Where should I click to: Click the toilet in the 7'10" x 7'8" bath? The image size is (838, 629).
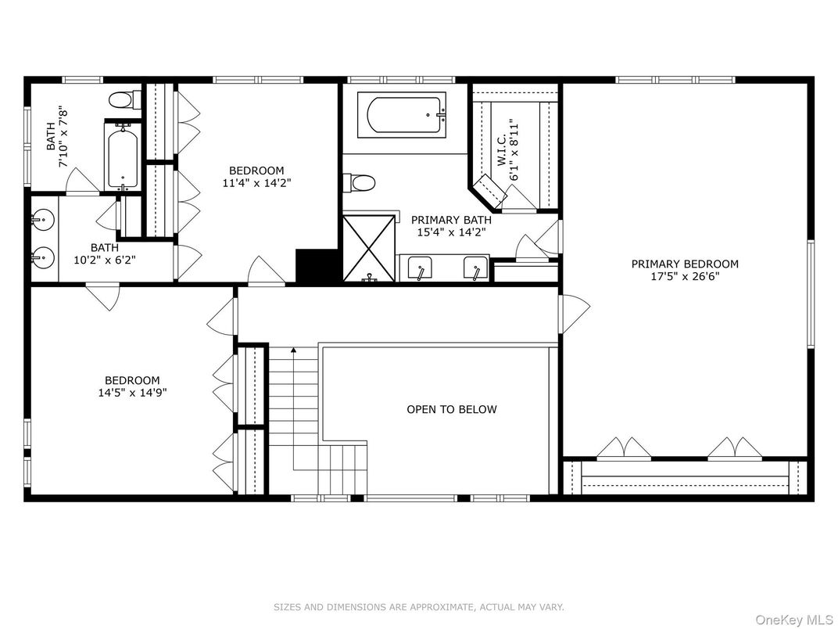pyautogui.click(x=123, y=99)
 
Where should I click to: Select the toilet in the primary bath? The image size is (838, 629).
pyautogui.click(x=362, y=183)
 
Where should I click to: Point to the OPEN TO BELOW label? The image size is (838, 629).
pyautogui.click(x=451, y=409)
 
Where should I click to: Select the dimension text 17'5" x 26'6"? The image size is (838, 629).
pyautogui.click(x=685, y=277)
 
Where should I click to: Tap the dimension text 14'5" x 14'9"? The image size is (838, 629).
pyautogui.click(x=133, y=394)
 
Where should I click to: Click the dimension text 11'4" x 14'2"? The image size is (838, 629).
pyautogui.click(x=256, y=184)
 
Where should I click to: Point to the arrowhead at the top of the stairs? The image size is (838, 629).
pyautogui.click(x=293, y=351)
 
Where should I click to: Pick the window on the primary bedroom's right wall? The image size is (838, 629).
pyautogui.click(x=811, y=293)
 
